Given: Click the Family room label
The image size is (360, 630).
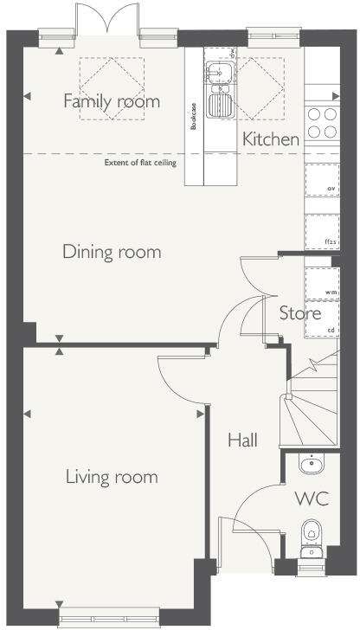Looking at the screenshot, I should coord(112,101).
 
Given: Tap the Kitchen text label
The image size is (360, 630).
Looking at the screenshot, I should coord(271,138).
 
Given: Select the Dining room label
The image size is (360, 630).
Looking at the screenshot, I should coord(112,252).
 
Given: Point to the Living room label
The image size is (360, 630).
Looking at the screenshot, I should coord(111,476).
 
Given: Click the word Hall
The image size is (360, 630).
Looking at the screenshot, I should coord(242,440).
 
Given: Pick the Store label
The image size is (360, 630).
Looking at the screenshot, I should coord(299,312).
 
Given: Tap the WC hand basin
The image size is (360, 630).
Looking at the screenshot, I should coord(311,465).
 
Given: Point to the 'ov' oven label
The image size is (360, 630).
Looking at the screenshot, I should coord(330,188).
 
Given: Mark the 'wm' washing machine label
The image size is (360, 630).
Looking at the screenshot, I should coord(330,293).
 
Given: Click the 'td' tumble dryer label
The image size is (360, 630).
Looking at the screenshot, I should coord(331,331).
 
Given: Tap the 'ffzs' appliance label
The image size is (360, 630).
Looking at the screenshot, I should coord(330,241).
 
